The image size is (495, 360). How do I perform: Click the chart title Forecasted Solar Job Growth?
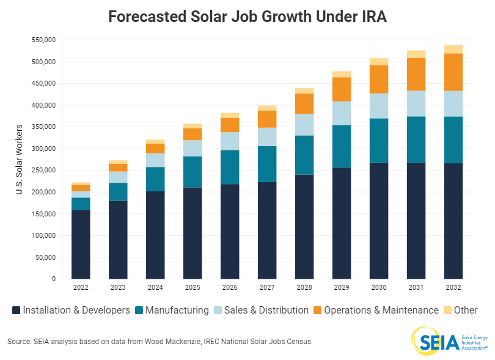[247, 17]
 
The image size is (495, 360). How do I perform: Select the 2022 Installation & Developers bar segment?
[81, 244]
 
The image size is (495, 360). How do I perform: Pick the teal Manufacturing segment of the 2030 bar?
[379, 141]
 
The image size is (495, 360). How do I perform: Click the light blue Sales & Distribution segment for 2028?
[304, 125]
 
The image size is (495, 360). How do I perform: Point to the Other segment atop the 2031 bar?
[416, 54]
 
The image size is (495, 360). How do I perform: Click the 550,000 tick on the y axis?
[43, 40]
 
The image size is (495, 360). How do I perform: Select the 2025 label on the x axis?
[193, 287]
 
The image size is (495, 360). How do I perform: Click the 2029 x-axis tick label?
[342, 287]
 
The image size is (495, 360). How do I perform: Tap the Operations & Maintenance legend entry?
[381, 310]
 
